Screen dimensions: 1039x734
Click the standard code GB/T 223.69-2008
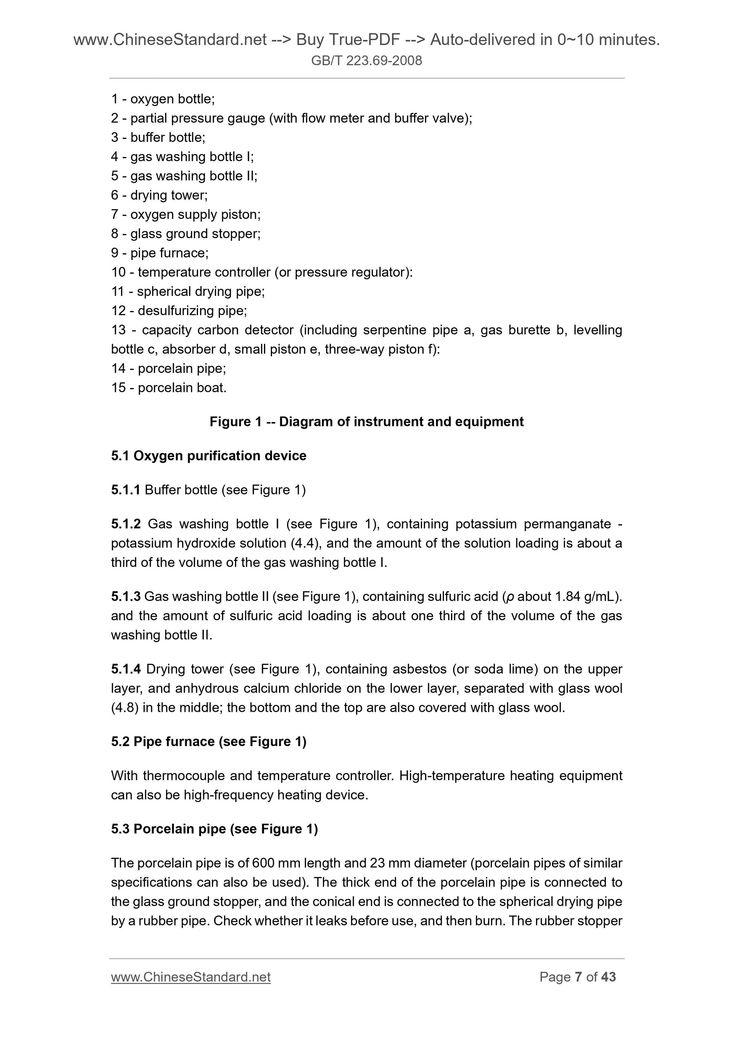tap(366, 61)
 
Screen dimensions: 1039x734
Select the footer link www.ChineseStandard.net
tap(190, 977)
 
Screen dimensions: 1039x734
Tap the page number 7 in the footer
tap(578, 977)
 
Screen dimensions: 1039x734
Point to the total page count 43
tap(608, 977)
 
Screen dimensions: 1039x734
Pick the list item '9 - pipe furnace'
tap(160, 253)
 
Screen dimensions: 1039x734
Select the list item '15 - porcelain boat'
tap(169, 388)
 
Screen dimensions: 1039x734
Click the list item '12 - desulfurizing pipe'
tap(179, 311)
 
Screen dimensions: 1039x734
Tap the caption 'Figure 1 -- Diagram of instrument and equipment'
tap(366, 422)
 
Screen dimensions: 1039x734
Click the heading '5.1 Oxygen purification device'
tap(209, 456)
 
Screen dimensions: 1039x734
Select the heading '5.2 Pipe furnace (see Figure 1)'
tap(209, 742)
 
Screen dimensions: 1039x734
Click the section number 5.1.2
tap(126, 524)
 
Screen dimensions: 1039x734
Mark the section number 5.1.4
tap(126, 669)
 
